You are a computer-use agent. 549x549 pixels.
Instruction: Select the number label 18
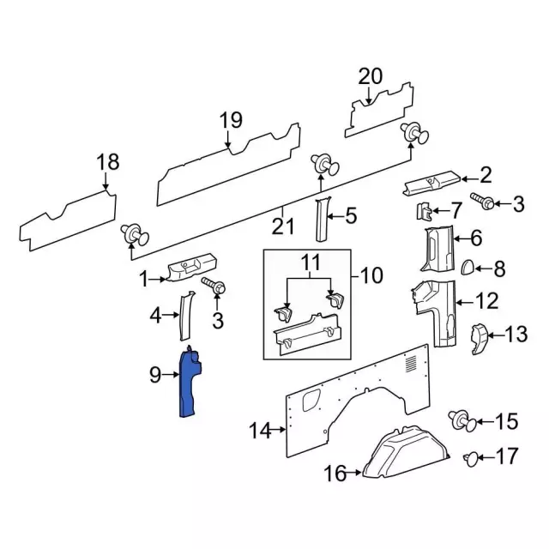[107, 162]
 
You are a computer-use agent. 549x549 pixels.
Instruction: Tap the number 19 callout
[231, 120]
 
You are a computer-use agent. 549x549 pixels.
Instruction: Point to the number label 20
[370, 76]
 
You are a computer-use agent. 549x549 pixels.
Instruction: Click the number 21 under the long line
[283, 226]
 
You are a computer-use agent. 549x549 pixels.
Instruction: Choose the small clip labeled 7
[424, 210]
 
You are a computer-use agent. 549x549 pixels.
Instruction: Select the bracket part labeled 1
[190, 271]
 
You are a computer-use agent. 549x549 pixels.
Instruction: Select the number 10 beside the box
[371, 276]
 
